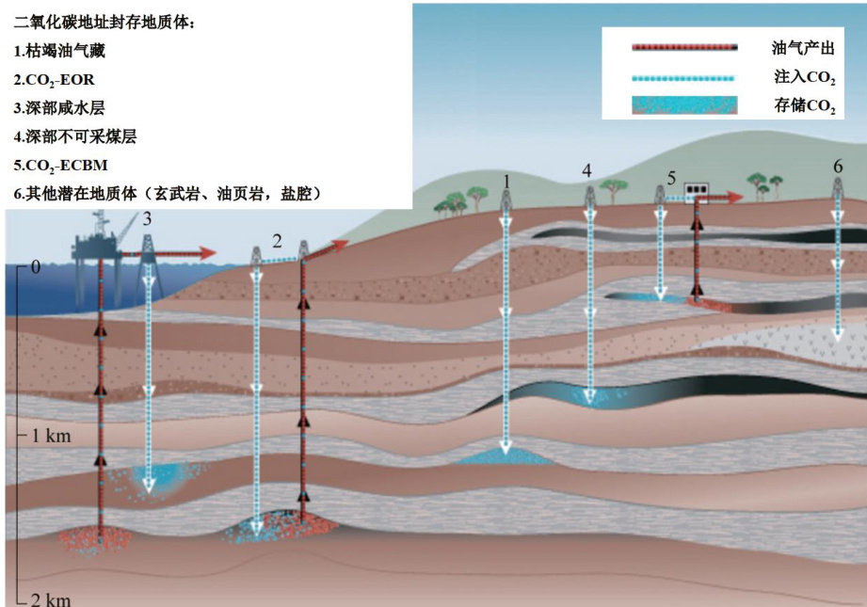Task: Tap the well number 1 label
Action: click(x=506, y=180)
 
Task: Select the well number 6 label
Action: click(x=838, y=167)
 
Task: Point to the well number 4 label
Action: click(x=587, y=171)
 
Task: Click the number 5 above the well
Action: click(x=671, y=176)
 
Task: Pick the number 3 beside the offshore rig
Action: click(x=147, y=219)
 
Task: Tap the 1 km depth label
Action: click(x=52, y=436)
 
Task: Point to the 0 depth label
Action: click(x=35, y=267)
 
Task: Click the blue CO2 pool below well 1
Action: click(x=505, y=456)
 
